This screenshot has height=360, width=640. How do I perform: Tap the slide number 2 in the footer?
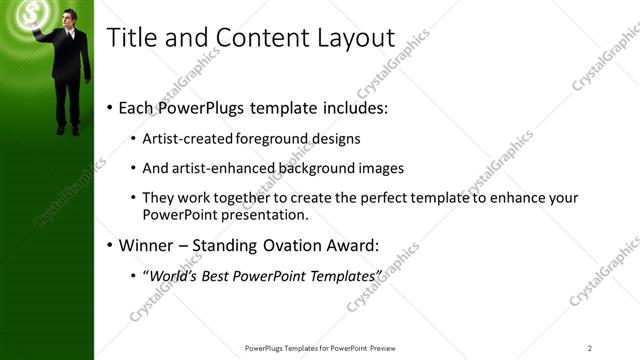(589, 347)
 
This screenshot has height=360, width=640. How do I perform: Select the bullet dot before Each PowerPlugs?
(108, 107)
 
